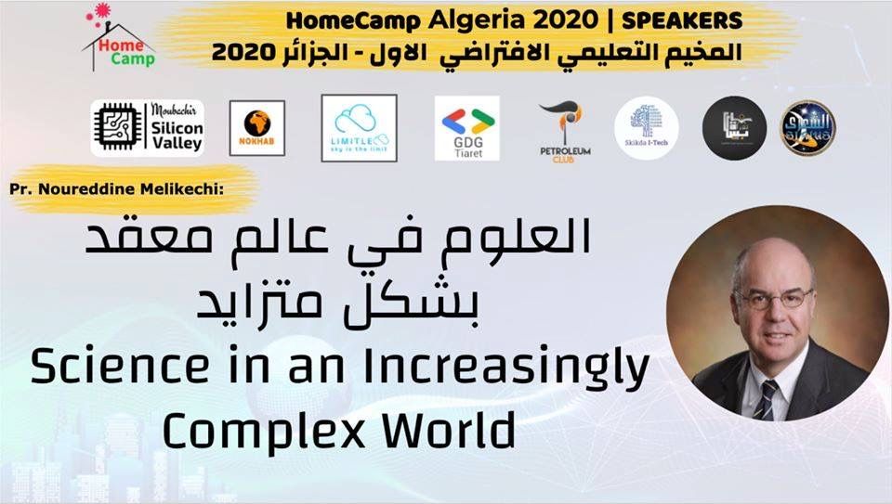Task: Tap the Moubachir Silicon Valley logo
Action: click(x=148, y=128)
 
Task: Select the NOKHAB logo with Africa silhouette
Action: click(x=256, y=128)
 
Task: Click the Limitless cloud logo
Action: click(x=359, y=128)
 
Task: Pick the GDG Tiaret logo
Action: click(x=466, y=128)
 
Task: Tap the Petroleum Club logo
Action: click(x=564, y=128)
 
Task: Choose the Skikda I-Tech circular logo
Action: click(x=647, y=128)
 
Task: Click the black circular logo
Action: click(x=734, y=128)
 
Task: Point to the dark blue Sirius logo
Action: click(x=807, y=128)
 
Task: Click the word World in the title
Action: click(x=445, y=430)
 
